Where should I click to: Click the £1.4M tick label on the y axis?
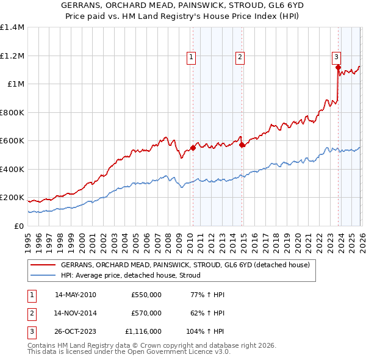pyautogui.click(x=12, y=27)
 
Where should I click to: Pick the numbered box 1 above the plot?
pyautogui.click(x=191, y=57)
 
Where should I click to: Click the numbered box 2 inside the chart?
pyautogui.click(x=240, y=57)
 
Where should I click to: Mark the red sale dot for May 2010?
pyautogui.click(x=193, y=148)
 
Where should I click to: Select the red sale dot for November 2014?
pyautogui.click(x=242, y=145)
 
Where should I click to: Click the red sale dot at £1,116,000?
pyautogui.click(x=337, y=68)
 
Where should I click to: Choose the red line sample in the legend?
pyautogui.click(x=43, y=265)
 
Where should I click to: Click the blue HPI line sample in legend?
pyautogui.click(x=43, y=276)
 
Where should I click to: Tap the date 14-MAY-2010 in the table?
pyautogui.click(x=75, y=295)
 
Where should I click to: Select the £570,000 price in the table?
pyautogui.click(x=146, y=313)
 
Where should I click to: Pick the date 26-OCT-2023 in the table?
pyautogui.click(x=75, y=331)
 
